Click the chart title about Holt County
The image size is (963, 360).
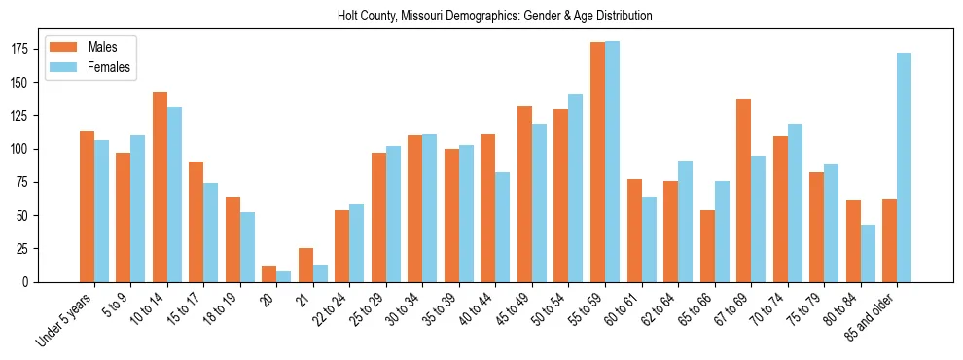pyautogui.click(x=494, y=17)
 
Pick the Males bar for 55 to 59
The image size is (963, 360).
pyautogui.click(x=597, y=162)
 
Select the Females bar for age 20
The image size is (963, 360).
pyautogui.click(x=283, y=276)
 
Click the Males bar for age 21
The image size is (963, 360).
pyautogui.click(x=305, y=265)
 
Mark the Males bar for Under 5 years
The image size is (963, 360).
pyautogui.click(x=87, y=206)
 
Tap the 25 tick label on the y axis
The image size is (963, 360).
pyautogui.click(x=29, y=248)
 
